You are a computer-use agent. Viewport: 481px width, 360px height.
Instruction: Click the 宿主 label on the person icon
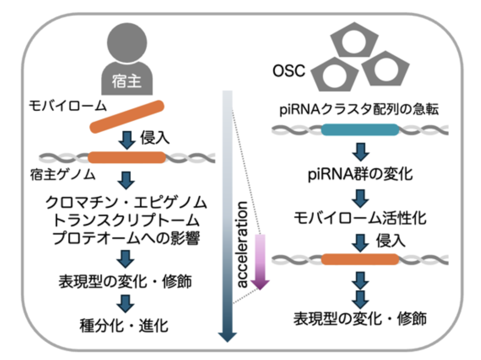tap(126, 81)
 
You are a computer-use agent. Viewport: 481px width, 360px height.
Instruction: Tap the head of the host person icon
tap(127, 43)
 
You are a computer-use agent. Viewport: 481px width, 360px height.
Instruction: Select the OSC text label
tap(289, 71)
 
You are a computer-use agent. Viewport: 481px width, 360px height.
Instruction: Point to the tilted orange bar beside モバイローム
tap(127, 117)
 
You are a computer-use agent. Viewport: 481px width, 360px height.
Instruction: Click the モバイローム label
tap(68, 106)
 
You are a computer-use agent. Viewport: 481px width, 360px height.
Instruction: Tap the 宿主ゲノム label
tap(63, 175)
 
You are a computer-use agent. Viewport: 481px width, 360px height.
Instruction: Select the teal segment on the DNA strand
tap(360, 130)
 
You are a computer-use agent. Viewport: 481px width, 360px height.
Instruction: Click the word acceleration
tap(242, 245)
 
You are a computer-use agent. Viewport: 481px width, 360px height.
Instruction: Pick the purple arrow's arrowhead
tap(260, 284)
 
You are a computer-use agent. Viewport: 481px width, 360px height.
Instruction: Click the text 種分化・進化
tap(124, 326)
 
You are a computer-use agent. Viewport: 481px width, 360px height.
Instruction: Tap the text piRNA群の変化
tap(360, 174)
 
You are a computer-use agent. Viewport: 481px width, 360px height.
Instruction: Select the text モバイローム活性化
tap(360, 218)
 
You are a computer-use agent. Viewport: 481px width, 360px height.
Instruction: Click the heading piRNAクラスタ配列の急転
tap(359, 109)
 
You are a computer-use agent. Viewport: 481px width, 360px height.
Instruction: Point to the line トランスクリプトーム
tap(126, 220)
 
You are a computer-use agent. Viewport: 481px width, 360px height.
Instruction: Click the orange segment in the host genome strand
tap(127, 158)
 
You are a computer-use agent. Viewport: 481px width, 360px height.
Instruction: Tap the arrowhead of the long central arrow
tap(227, 337)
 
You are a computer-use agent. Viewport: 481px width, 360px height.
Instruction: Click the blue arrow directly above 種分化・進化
tap(126, 303)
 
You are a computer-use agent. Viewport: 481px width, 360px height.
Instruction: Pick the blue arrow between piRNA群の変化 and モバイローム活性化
tap(360, 198)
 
